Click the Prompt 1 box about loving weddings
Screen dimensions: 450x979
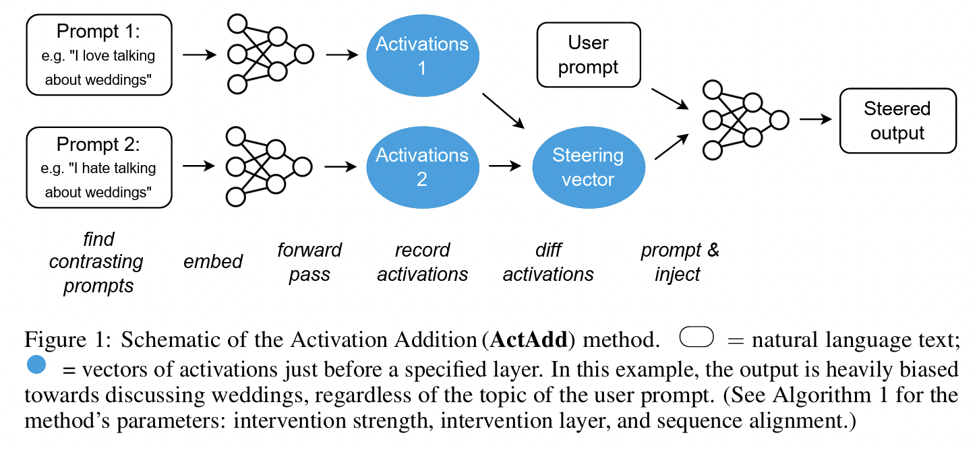click(98, 56)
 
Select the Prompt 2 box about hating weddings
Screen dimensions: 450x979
click(98, 168)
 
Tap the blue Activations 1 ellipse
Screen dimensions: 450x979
click(422, 56)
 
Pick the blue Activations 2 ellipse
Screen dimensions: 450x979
click(422, 167)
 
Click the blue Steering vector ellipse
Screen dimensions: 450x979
click(588, 168)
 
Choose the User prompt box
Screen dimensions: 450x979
click(588, 55)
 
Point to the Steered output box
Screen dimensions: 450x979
click(897, 121)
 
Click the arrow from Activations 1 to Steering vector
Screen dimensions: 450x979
click(503, 110)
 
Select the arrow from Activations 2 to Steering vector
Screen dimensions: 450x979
click(505, 165)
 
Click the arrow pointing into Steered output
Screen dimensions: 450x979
click(814, 120)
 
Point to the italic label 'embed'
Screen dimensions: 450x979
click(213, 262)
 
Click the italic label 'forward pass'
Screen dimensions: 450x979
click(309, 262)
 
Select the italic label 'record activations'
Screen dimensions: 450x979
click(422, 262)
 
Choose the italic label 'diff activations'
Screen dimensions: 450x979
click(548, 262)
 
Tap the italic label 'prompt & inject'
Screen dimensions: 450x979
click(680, 262)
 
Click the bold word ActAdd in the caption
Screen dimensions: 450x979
click(528, 340)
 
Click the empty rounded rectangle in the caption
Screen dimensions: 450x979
click(696, 337)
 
